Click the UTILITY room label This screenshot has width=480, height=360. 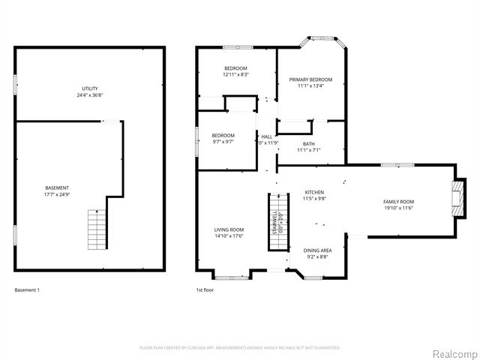click(x=90, y=88)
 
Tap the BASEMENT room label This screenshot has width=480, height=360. click(x=57, y=187)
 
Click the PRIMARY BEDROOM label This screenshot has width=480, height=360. click(x=310, y=79)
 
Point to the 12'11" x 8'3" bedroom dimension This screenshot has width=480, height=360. click(x=235, y=74)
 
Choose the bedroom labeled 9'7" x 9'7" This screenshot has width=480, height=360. click(x=223, y=138)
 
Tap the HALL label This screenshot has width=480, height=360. click(x=266, y=136)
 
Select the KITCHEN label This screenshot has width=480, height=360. click(x=313, y=192)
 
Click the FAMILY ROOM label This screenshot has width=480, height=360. click(x=398, y=202)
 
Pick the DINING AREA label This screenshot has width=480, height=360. click(x=317, y=250)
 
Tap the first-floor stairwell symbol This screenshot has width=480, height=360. click(x=278, y=221)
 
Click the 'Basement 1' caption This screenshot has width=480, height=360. click(x=27, y=289)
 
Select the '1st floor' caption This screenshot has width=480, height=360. click(x=205, y=289)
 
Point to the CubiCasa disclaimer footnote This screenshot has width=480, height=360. click(x=240, y=348)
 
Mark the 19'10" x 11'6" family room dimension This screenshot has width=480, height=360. click(x=398, y=208)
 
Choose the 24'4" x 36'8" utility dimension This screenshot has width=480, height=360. click(x=90, y=95)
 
